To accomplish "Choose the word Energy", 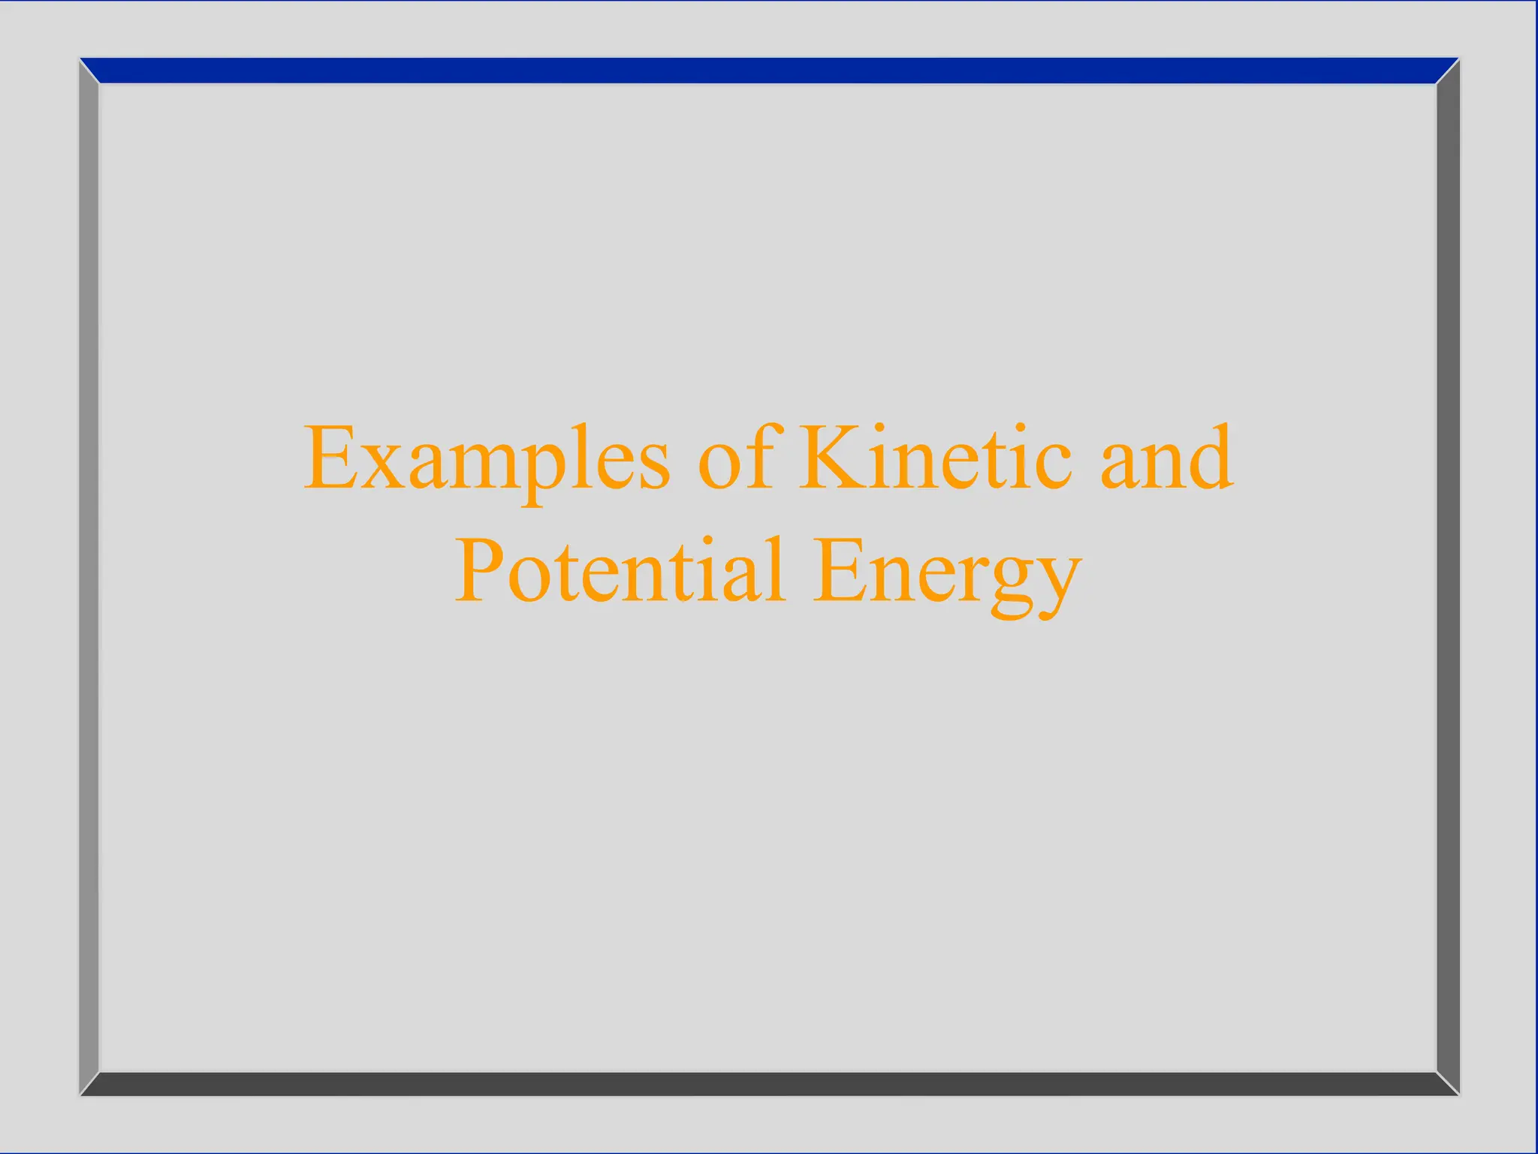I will point(948,575).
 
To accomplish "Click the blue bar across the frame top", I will point(769,71).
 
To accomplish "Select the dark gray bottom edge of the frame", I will point(769,1083).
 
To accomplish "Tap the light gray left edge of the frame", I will point(89,577).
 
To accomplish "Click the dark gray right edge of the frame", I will point(1448,577).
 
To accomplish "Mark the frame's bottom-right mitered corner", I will point(1448,1083).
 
